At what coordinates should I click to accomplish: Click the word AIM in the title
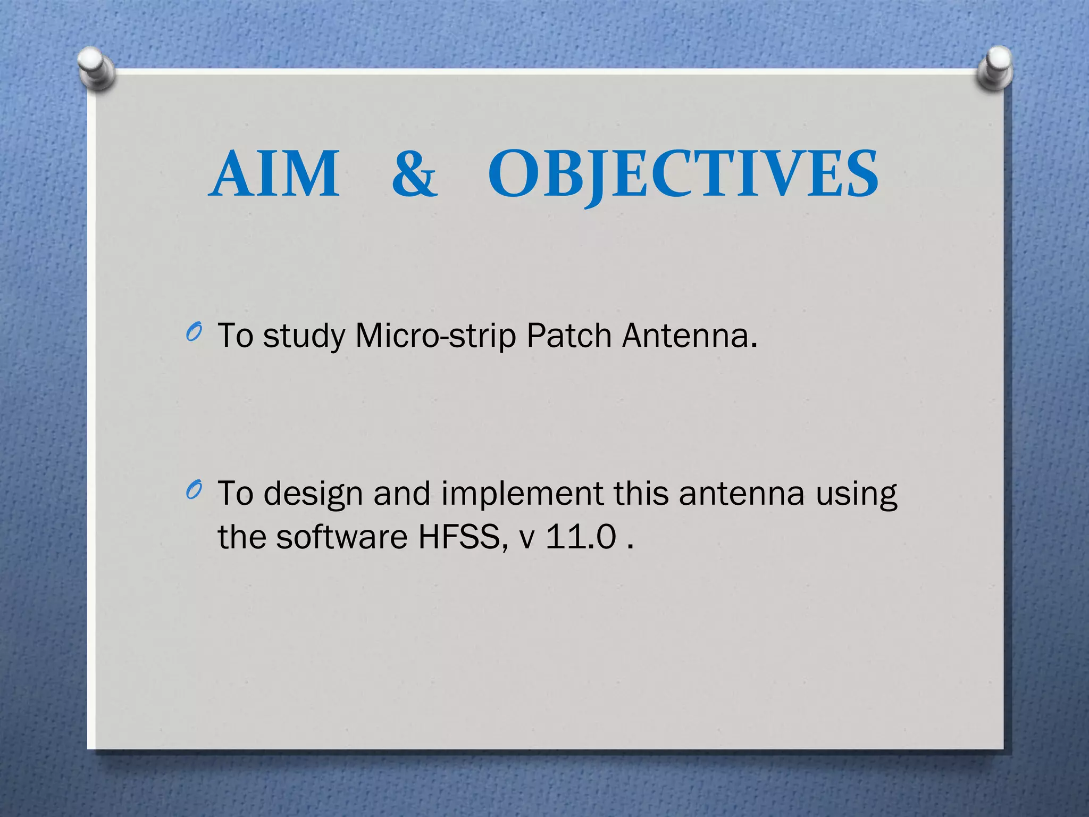coord(274,174)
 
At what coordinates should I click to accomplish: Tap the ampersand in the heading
coord(414,174)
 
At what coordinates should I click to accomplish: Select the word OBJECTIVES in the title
coord(683,174)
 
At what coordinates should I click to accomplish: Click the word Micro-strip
coord(435,336)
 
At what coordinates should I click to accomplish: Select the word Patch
coord(569,336)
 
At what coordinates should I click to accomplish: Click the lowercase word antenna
coord(741,494)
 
